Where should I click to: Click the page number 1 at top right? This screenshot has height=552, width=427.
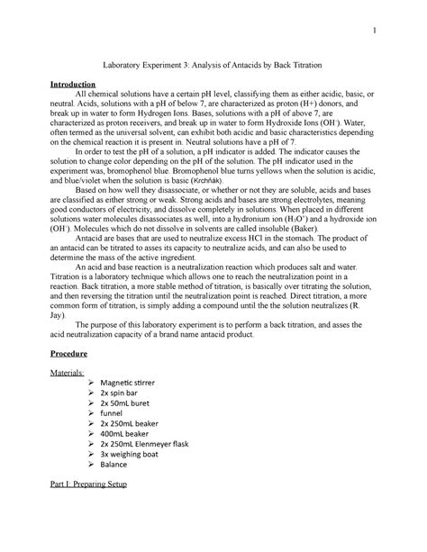coord(370,34)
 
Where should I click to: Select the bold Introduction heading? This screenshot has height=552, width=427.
coord(76,86)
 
